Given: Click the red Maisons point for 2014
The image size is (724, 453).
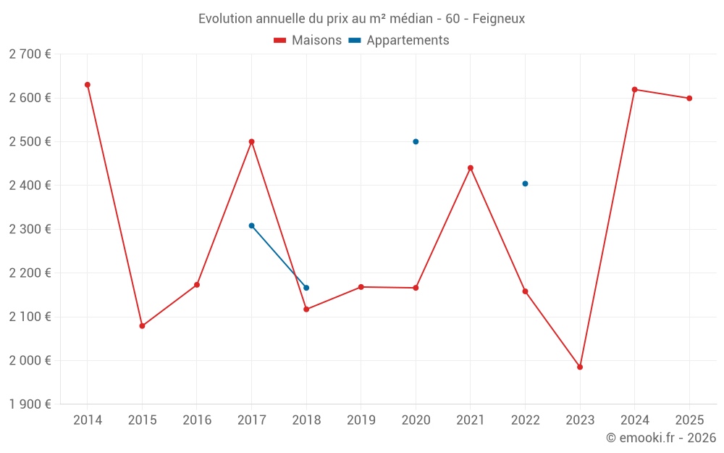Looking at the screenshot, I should [x=88, y=85].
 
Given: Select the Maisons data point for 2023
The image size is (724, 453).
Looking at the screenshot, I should [x=580, y=367].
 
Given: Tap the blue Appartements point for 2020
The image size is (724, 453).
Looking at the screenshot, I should [x=416, y=141].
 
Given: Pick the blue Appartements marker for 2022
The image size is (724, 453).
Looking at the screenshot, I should [x=525, y=183].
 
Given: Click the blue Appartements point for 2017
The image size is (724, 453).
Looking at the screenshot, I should [x=251, y=225].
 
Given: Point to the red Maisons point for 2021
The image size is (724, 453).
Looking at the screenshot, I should [x=471, y=168].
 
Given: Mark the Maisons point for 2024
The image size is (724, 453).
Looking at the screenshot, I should [x=634, y=89].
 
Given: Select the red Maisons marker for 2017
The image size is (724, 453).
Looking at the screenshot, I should [x=251, y=141].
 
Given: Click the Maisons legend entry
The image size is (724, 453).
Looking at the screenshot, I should [x=308, y=41].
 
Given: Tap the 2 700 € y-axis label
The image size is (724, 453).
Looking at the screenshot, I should [x=30, y=54].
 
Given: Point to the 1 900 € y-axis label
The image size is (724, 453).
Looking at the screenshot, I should [x=30, y=404].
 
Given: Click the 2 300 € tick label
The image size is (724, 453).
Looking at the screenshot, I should [x=30, y=229].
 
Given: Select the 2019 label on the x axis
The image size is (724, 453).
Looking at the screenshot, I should [x=361, y=420].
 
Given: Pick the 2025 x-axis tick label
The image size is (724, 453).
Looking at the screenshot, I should [x=689, y=420].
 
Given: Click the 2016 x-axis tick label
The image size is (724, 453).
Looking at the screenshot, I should [x=197, y=420].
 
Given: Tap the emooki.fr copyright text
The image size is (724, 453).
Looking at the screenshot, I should [x=661, y=438].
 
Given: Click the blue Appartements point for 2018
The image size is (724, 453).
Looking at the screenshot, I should [x=306, y=288].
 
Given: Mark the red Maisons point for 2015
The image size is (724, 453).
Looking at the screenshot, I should [x=142, y=326].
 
